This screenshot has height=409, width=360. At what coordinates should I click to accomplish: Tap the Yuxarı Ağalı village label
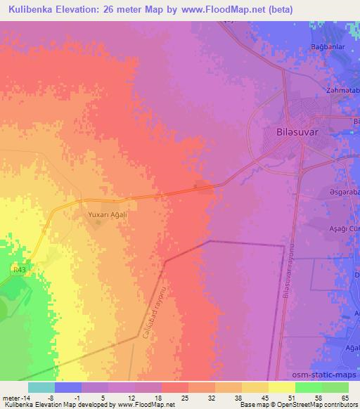[x=102, y=208]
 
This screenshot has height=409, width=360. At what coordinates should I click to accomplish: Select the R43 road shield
[x=20, y=269]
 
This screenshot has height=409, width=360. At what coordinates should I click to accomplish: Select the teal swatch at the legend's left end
[x=41, y=387]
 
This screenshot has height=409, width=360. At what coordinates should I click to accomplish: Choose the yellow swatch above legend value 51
[x=281, y=387]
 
